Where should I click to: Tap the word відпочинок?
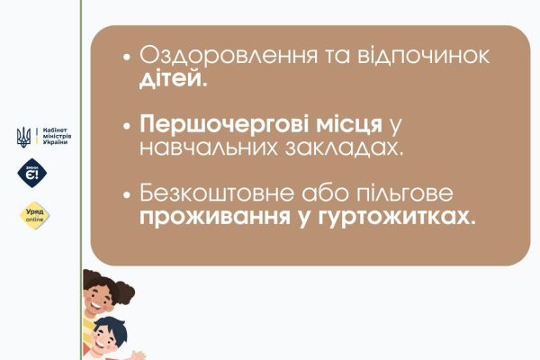(x=423, y=56)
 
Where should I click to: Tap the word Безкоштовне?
(x=217, y=193)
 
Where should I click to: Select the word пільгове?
(x=405, y=193)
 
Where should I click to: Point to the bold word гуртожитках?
(x=396, y=217)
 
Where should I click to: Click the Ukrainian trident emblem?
(x=23, y=137)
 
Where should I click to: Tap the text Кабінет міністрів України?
(x=57, y=136)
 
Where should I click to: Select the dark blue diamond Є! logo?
(x=32, y=173)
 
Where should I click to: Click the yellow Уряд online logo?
(x=34, y=216)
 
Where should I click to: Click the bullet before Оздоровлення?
(x=127, y=57)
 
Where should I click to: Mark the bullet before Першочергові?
(x=127, y=126)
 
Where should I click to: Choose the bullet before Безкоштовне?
(x=127, y=194)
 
